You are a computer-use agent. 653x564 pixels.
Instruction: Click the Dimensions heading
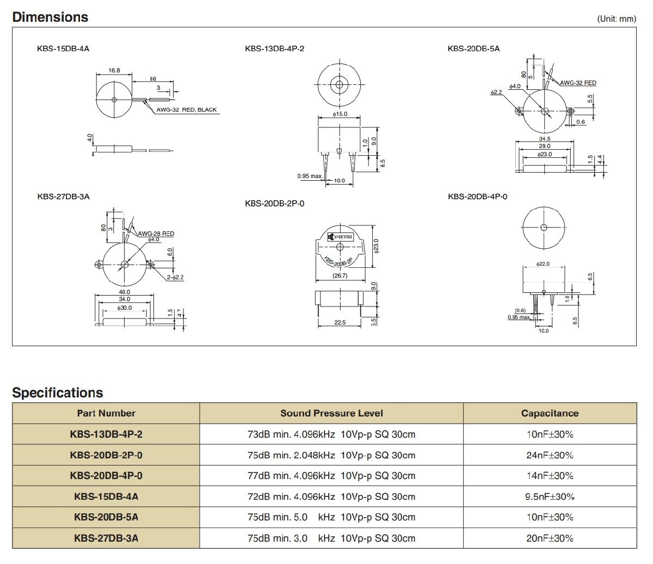coord(50,17)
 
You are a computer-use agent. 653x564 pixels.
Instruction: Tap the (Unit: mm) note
coord(616,19)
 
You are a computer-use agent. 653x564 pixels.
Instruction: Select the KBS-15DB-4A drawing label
coord(63,48)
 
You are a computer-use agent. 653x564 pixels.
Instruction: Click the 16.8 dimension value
coord(114,70)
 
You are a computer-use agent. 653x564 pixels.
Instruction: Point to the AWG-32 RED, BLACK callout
coord(186,109)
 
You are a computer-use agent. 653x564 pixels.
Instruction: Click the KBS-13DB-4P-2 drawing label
coord(274,48)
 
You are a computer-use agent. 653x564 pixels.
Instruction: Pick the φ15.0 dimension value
coord(340,114)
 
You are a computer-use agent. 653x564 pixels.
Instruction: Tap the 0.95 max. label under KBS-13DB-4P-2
coord(310,175)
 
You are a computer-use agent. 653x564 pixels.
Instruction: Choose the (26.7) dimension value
coord(340,275)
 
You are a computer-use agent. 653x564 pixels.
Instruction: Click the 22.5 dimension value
coord(340,322)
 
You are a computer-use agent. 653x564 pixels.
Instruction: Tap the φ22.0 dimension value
coord(543,263)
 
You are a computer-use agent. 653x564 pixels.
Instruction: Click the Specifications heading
coord(57,393)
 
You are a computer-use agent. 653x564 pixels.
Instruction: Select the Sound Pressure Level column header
coord(331,413)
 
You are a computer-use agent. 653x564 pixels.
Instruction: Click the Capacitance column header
coord(550,413)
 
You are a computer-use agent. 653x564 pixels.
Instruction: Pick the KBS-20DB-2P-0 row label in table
coord(106,455)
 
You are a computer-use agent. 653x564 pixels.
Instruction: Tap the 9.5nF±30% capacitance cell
coord(550,496)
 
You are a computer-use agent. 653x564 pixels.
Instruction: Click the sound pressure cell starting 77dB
coord(331,476)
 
